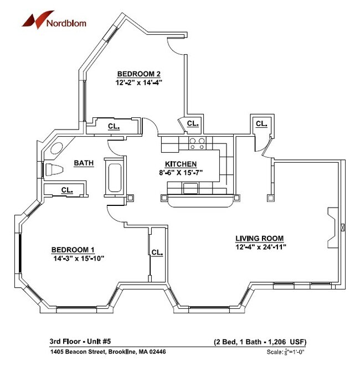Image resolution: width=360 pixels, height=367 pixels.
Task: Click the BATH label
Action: (x=84, y=163)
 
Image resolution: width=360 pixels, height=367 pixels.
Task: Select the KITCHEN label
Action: (x=181, y=164)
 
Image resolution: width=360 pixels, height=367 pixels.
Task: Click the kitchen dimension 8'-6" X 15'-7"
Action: (x=181, y=172)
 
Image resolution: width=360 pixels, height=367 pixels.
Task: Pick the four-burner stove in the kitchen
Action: (x=197, y=144)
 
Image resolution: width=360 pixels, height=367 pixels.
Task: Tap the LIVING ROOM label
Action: (x=260, y=238)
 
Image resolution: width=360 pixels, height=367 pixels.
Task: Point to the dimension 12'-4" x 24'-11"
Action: (x=260, y=247)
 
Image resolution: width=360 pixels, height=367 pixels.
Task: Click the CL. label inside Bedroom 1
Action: (x=157, y=252)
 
